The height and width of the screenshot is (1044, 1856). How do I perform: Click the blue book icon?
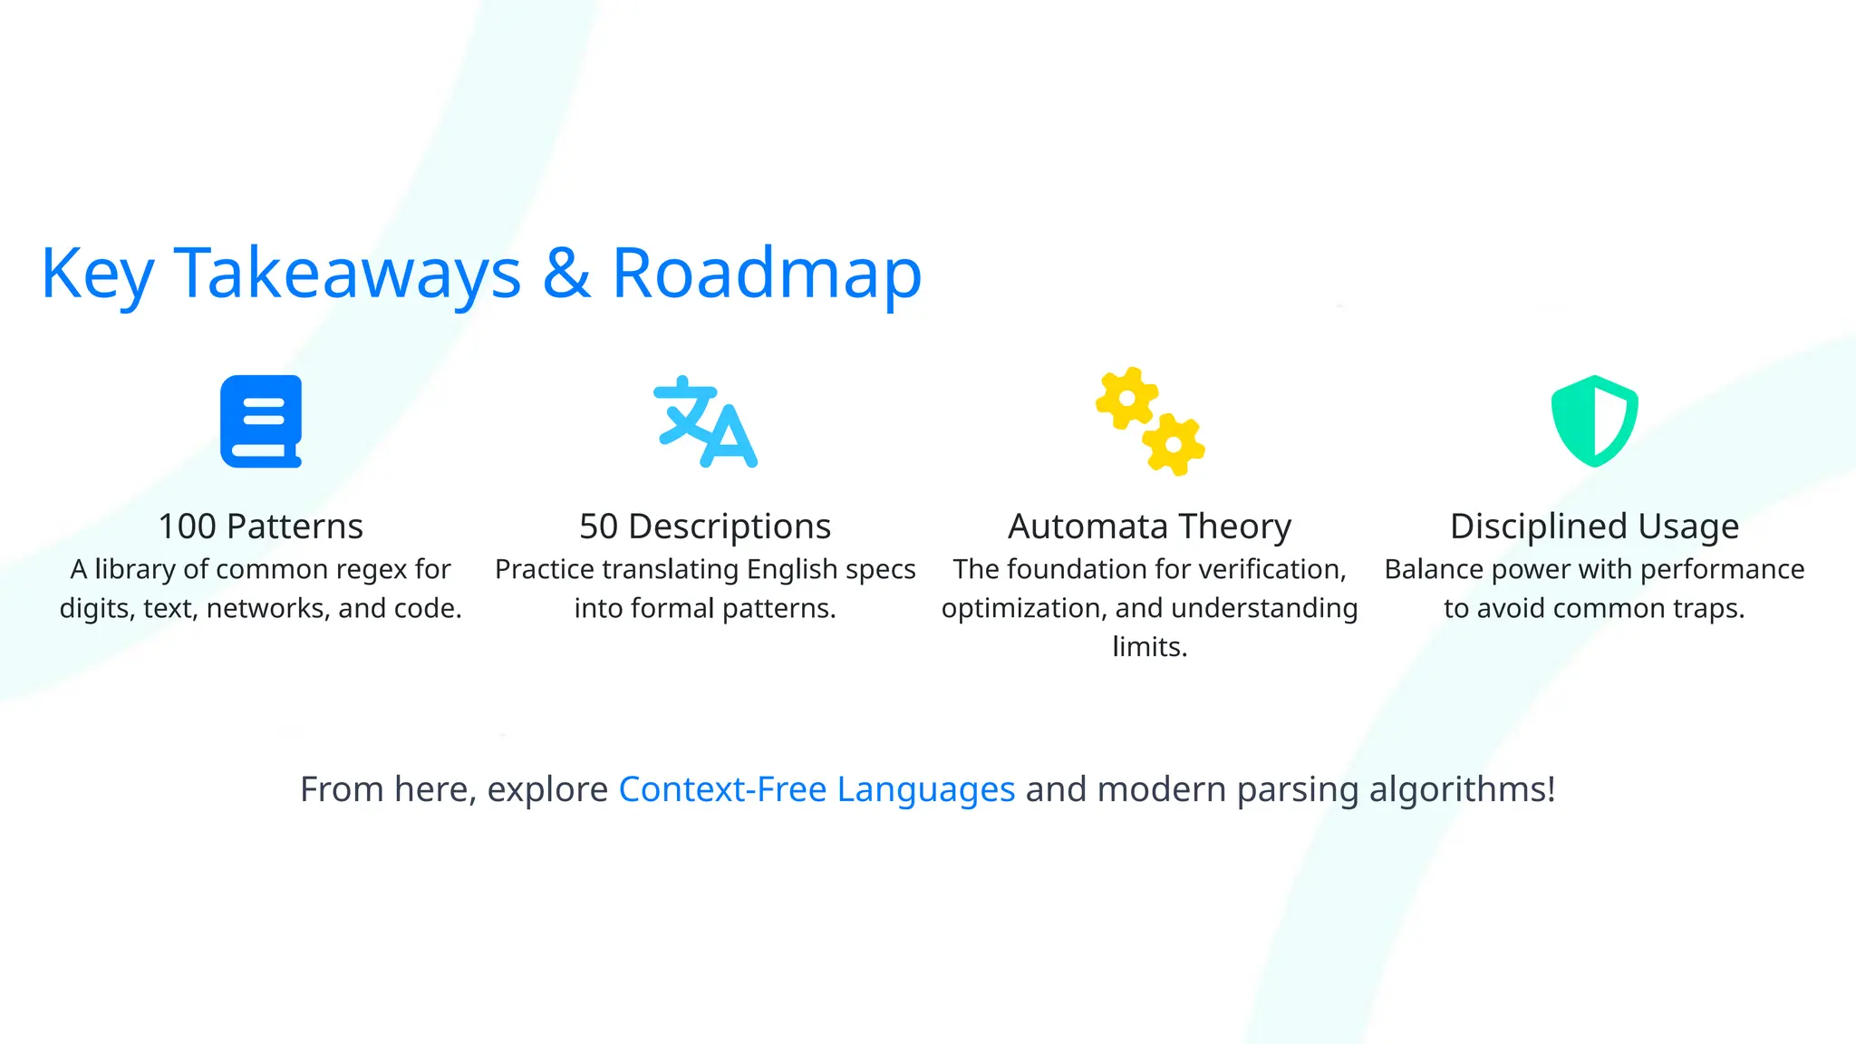coord(261,421)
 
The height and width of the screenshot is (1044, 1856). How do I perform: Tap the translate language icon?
coord(705,422)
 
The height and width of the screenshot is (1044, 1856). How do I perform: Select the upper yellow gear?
coord(1126,398)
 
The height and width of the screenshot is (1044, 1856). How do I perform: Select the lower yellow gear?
coord(1174,444)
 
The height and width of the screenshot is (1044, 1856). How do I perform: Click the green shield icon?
coord(1594,421)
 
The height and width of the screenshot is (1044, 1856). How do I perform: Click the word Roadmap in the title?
coord(767,273)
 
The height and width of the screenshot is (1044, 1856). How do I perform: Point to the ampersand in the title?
coord(566,273)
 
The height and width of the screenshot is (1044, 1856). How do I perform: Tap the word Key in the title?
coord(97,275)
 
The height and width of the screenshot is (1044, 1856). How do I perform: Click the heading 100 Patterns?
coord(261,527)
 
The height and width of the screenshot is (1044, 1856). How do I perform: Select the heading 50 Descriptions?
coord(705,527)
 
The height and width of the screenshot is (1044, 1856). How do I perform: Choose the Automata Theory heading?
coord(1149,527)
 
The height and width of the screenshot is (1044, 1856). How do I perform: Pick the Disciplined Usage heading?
coord(1594,527)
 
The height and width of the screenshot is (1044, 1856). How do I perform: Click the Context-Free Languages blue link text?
coord(817,789)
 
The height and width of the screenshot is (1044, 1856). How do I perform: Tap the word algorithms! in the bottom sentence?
coord(1462,789)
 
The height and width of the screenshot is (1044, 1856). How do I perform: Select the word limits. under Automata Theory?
coord(1149,647)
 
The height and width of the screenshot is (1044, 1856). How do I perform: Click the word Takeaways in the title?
coord(347,273)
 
